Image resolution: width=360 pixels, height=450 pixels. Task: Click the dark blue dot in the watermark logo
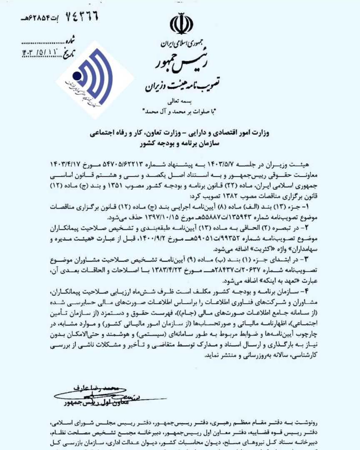pos(77,76)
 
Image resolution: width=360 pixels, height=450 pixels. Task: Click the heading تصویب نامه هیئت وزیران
pos(182,86)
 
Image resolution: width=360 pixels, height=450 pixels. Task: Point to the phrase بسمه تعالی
pos(180,101)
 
